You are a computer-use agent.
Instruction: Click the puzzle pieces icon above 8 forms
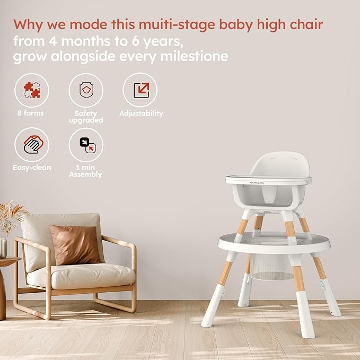(x=32, y=90)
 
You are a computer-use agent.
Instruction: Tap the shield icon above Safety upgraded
(x=86, y=90)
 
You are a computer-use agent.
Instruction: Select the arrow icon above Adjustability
(x=140, y=90)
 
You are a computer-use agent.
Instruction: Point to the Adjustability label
(x=141, y=113)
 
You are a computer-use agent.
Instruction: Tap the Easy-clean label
(x=32, y=168)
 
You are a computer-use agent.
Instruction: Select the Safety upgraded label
(x=86, y=117)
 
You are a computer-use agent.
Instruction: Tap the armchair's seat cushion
(x=80, y=276)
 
